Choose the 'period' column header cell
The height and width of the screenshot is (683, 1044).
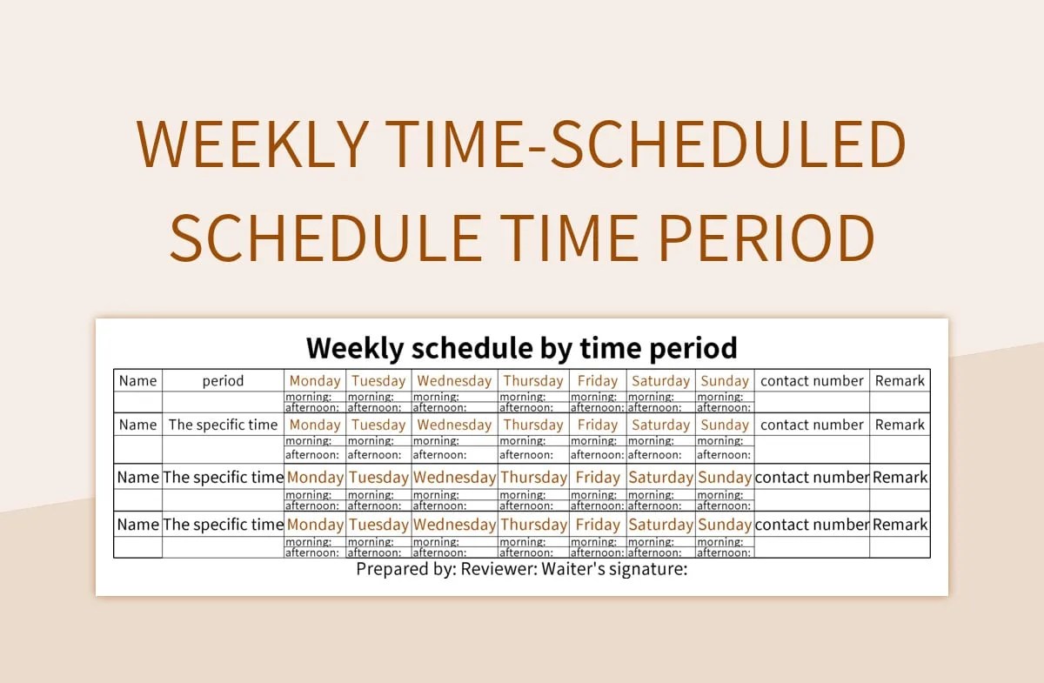pyautogui.click(x=223, y=380)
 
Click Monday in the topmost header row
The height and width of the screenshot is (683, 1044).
pyautogui.click(x=315, y=380)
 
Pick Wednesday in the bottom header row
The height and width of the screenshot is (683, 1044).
pyautogui.click(x=454, y=525)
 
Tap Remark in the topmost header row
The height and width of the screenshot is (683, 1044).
pyautogui.click(x=900, y=380)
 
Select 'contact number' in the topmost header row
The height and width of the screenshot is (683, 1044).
pyautogui.click(x=812, y=380)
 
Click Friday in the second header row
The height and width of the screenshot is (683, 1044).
pyautogui.click(x=598, y=425)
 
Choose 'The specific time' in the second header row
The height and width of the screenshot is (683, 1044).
pyautogui.click(x=223, y=425)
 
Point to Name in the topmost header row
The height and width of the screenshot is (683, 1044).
pyautogui.click(x=137, y=380)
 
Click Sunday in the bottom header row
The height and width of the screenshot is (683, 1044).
pyautogui.click(x=725, y=525)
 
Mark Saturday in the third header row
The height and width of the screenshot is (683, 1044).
pyautogui.click(x=660, y=478)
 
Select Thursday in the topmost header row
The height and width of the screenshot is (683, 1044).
pyautogui.click(x=533, y=380)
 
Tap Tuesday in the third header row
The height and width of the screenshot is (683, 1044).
pyautogui.click(x=378, y=478)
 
